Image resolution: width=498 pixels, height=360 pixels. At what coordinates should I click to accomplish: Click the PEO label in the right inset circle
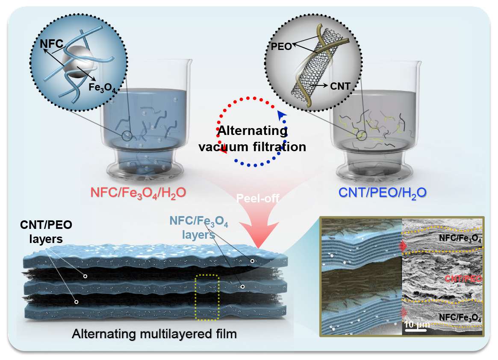coord(282,47)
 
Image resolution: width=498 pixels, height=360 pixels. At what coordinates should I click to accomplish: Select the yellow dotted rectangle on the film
coord(207,297)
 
